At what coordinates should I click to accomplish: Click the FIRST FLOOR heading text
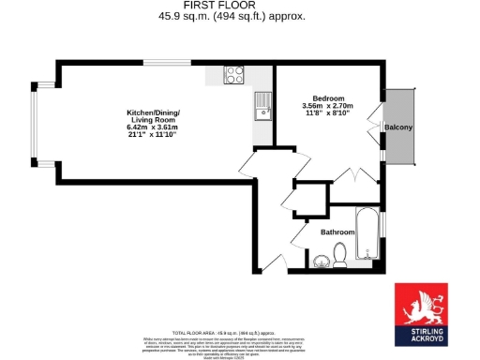click(x=239, y=6)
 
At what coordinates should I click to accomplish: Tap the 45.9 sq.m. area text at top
click(x=239, y=16)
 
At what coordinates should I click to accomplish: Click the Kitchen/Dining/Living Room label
click(x=153, y=117)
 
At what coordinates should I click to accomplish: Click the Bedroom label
click(x=328, y=98)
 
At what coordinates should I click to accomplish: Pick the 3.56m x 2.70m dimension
click(x=328, y=106)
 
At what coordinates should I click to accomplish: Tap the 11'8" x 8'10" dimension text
click(x=328, y=113)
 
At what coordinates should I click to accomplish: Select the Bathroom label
click(x=337, y=232)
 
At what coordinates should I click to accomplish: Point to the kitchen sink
click(x=262, y=108)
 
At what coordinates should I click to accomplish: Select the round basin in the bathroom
click(x=322, y=261)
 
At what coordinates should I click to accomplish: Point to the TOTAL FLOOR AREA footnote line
click(x=239, y=333)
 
